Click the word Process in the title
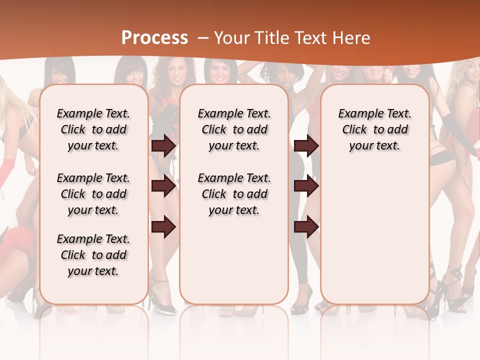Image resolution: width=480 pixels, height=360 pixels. coord(154,37)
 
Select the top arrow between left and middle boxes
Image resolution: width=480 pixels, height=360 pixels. coord(163,146)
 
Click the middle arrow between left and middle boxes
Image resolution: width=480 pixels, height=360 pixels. coord(163,186)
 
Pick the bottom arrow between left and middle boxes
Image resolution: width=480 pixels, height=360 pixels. coord(163,227)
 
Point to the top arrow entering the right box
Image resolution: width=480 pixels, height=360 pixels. coord(306,146)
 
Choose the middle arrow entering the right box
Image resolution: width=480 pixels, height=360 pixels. coord(306,186)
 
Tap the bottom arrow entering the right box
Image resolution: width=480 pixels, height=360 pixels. coord(306,227)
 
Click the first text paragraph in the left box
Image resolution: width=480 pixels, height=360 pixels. coord(93,129)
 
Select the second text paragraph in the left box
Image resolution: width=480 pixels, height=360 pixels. coord(93,194)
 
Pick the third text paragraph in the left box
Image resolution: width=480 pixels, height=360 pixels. coord(93,255)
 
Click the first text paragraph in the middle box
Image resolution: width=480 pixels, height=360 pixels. coord(234,129)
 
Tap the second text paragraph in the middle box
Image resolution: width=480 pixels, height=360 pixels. coord(234,194)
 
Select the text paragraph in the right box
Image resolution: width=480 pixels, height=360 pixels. coord(374,129)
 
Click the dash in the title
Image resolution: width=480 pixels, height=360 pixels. coord(203,38)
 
